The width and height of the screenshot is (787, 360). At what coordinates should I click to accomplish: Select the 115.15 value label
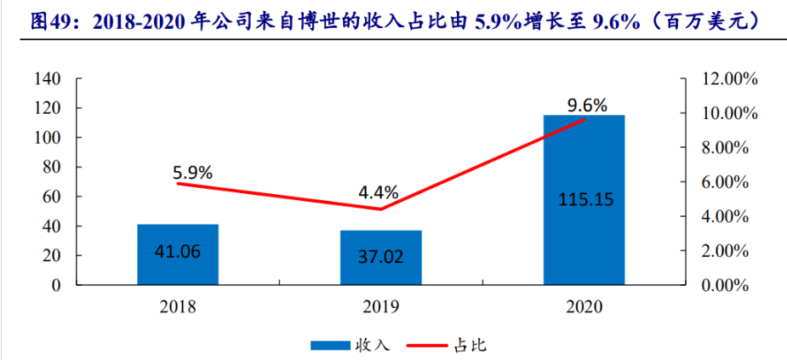(x=584, y=200)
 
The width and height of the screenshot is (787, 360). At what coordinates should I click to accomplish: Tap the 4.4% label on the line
(x=378, y=192)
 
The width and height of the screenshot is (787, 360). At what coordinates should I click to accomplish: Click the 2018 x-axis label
(x=178, y=306)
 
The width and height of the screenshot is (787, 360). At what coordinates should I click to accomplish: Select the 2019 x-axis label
(x=380, y=306)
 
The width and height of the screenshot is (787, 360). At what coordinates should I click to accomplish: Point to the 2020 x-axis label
(x=584, y=306)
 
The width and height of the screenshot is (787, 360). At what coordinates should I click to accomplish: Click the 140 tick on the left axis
(x=48, y=79)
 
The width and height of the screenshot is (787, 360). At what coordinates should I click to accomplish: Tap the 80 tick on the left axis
(x=51, y=168)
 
